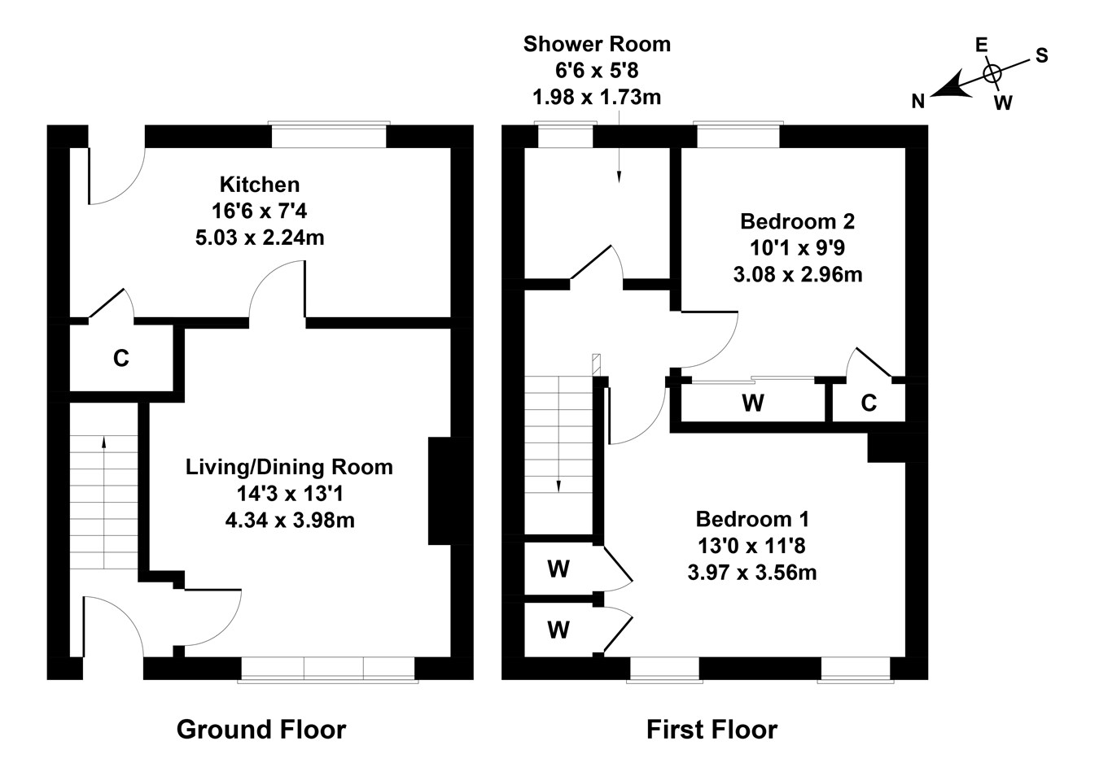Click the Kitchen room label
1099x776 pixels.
coord(260,185)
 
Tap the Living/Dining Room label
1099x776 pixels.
coord(290,467)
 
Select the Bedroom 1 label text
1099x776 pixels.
coord(752,519)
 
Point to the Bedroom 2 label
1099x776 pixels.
coord(797,221)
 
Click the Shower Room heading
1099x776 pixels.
coord(597,44)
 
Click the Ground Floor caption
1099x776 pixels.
coord(261,730)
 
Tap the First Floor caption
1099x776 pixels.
coord(712,730)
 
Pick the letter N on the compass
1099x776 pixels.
coord(918,102)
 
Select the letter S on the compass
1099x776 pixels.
coord(1042,56)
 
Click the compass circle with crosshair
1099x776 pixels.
coord(992,74)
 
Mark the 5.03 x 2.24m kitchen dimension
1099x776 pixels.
coord(260,238)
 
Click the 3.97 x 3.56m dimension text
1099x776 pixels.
coord(752,573)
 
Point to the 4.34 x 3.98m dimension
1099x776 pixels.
coord(290,520)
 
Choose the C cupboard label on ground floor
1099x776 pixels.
coord(121,359)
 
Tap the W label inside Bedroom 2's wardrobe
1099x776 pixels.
coord(753,403)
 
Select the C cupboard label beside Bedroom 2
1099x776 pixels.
coord(869,403)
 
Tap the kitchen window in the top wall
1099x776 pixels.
coord(329,134)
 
